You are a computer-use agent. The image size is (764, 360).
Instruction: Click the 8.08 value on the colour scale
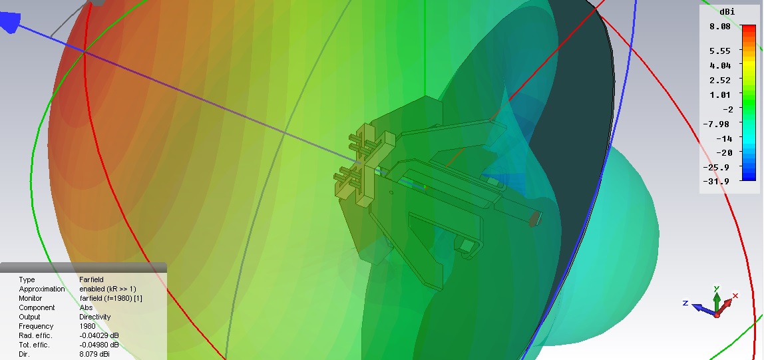(x=720, y=27)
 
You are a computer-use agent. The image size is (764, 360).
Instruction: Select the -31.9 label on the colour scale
(x=716, y=181)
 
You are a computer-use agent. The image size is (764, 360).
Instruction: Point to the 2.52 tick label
(x=720, y=80)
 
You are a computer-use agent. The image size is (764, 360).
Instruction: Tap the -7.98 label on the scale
(x=717, y=124)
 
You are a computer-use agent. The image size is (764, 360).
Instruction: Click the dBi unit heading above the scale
(x=727, y=12)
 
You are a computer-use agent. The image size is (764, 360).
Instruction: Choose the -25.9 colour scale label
(x=716, y=167)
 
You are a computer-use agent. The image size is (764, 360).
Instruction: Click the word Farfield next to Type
(x=91, y=279)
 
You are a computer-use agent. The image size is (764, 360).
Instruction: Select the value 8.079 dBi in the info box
(x=95, y=354)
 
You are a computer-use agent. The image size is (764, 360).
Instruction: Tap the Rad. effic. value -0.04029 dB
(x=99, y=335)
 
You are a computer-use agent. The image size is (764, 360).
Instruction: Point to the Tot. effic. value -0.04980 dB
(x=99, y=345)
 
